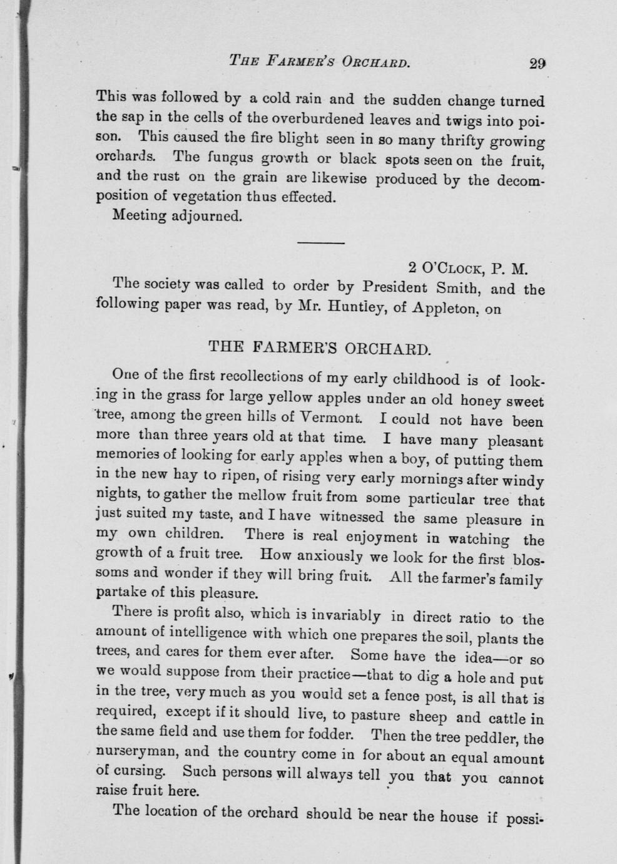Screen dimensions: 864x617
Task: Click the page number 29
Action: (x=538, y=63)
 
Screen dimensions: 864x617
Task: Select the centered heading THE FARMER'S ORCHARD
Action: (x=319, y=347)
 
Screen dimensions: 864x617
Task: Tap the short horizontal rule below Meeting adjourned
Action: (x=320, y=242)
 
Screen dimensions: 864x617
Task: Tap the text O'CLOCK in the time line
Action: (x=452, y=269)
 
